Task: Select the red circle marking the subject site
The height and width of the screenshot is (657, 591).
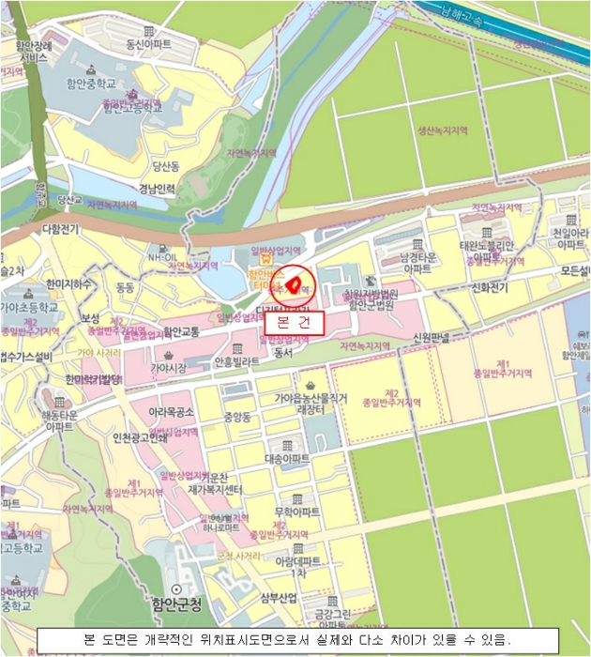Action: [292, 283]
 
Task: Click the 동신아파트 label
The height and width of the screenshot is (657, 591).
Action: [149, 44]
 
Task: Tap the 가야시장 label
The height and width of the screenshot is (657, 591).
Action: [170, 368]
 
